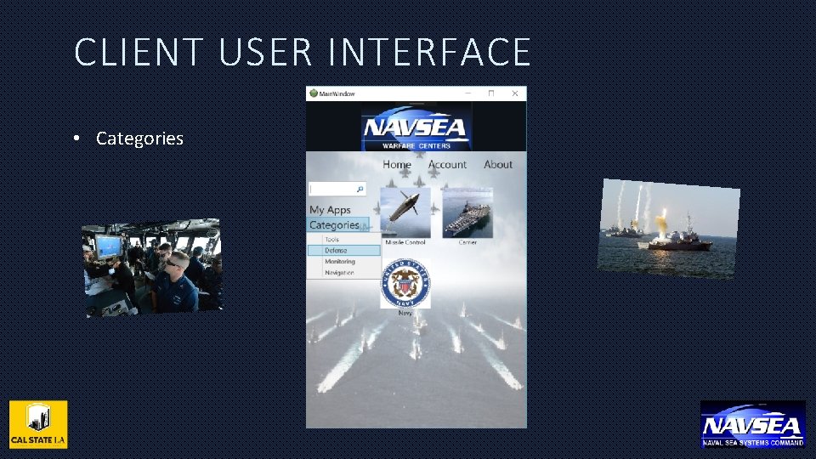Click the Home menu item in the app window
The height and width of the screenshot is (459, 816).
pyautogui.click(x=397, y=164)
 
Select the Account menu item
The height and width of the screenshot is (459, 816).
pyautogui.click(x=447, y=164)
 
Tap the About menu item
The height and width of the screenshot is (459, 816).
pyautogui.click(x=498, y=164)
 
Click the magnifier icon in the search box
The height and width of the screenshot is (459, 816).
pyautogui.click(x=360, y=190)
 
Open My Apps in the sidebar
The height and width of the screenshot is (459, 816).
pyautogui.click(x=330, y=209)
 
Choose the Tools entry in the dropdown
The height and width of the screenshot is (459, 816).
pyautogui.click(x=331, y=240)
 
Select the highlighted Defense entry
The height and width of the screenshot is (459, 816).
pyautogui.click(x=337, y=251)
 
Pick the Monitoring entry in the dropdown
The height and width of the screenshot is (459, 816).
pyautogui.click(x=340, y=262)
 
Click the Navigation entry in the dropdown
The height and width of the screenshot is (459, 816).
pyautogui.click(x=339, y=273)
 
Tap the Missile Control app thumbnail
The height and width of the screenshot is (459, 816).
pyautogui.click(x=405, y=212)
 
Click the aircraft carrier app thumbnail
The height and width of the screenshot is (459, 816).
pyautogui.click(x=467, y=212)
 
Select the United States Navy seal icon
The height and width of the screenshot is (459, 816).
pyautogui.click(x=405, y=283)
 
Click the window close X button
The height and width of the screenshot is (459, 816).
pyautogui.click(x=514, y=93)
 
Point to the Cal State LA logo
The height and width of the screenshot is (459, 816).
pyautogui.click(x=38, y=424)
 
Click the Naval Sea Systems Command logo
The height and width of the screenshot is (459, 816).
pyautogui.click(x=752, y=424)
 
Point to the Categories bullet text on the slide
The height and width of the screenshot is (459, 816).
pyautogui.click(x=139, y=139)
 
